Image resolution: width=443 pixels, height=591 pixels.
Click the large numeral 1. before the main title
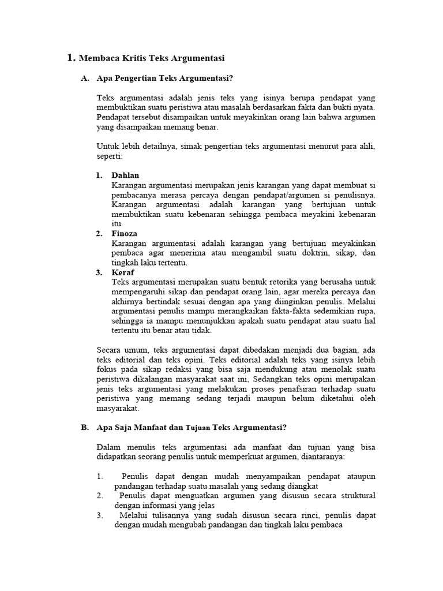[x=71, y=58]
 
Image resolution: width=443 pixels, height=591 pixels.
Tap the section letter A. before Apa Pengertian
[x=85, y=78]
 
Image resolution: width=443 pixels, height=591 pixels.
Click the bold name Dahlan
[x=125, y=175]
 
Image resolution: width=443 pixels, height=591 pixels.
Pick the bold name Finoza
[x=125, y=234]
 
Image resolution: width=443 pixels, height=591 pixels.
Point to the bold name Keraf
[x=122, y=272]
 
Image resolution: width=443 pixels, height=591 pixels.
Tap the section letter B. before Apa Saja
[x=85, y=428]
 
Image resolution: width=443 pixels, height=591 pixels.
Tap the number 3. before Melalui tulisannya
[x=100, y=515]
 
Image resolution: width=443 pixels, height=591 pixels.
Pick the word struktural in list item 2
[x=358, y=496]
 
